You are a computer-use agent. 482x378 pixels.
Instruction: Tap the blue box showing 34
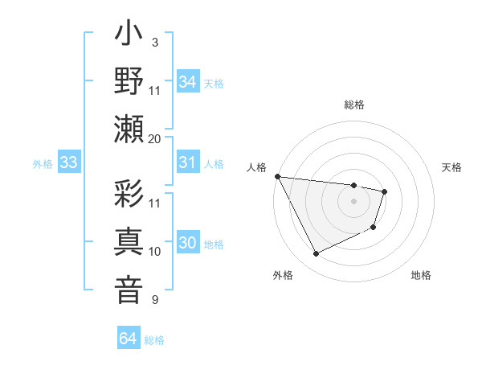pos(187,82)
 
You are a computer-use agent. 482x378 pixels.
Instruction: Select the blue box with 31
pos(187,163)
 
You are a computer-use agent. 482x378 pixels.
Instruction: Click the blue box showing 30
pos(187,244)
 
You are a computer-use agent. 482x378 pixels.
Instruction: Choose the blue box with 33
pos(68,163)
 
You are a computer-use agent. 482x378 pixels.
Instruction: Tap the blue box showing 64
pos(128,339)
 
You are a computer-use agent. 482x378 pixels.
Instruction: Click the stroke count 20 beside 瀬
pos(155,138)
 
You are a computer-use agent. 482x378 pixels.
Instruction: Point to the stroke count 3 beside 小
pos(155,42)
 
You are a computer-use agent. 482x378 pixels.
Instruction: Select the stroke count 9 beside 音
pos(155,300)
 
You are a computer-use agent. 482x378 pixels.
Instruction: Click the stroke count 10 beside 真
pos(155,252)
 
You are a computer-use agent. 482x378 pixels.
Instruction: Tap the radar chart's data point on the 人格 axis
pos(276,176)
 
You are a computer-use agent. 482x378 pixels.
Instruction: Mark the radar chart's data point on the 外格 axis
pos(316,254)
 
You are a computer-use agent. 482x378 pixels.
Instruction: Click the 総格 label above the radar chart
pos(353,105)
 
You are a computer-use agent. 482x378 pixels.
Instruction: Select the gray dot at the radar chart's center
pos(353,201)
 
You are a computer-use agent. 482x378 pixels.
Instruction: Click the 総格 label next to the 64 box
pos(154,340)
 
